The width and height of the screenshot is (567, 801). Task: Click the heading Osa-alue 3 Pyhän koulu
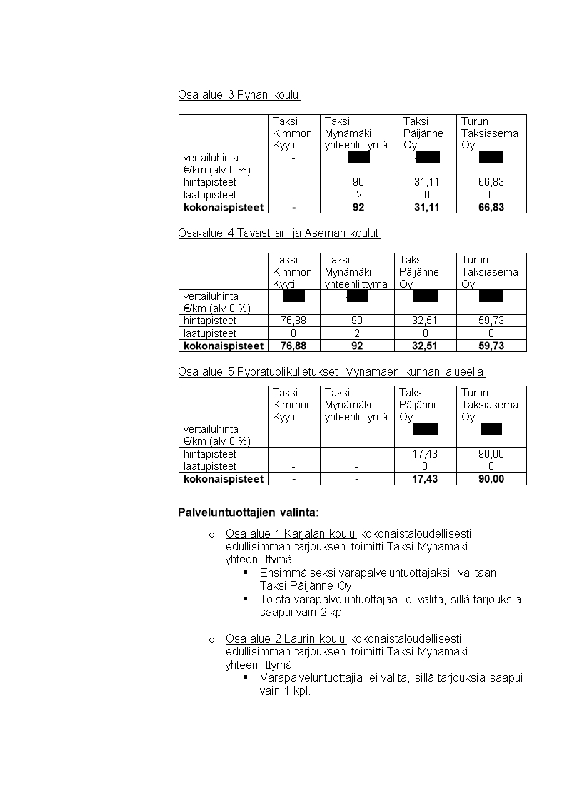point(239,95)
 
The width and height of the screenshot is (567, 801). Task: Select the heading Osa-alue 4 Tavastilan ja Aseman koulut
point(279,233)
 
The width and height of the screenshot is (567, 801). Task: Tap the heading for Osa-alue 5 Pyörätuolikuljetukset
point(332,372)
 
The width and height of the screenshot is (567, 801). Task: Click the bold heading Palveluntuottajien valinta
point(249,513)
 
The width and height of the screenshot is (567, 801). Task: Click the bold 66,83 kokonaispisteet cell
point(491,208)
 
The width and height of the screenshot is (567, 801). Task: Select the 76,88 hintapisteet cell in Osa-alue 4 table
point(293,321)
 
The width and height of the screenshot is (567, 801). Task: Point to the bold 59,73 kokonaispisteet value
point(491,346)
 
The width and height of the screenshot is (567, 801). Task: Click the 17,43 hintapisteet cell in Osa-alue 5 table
point(425,454)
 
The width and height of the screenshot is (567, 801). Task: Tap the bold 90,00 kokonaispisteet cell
point(491,479)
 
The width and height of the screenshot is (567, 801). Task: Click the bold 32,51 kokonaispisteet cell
point(425,346)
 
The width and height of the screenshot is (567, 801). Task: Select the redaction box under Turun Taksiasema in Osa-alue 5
point(492,428)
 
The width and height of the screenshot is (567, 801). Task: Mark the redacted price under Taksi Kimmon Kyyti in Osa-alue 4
point(294,296)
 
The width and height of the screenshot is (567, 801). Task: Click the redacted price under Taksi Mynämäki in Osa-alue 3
point(359,158)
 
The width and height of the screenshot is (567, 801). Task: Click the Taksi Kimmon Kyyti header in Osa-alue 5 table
point(293,404)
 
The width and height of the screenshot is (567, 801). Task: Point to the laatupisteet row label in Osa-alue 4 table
point(210,333)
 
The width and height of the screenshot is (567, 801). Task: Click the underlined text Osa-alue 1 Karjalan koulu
point(291,533)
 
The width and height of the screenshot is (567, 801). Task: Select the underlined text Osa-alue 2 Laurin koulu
point(286,638)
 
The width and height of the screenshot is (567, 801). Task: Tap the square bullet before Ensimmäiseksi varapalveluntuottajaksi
point(245,573)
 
